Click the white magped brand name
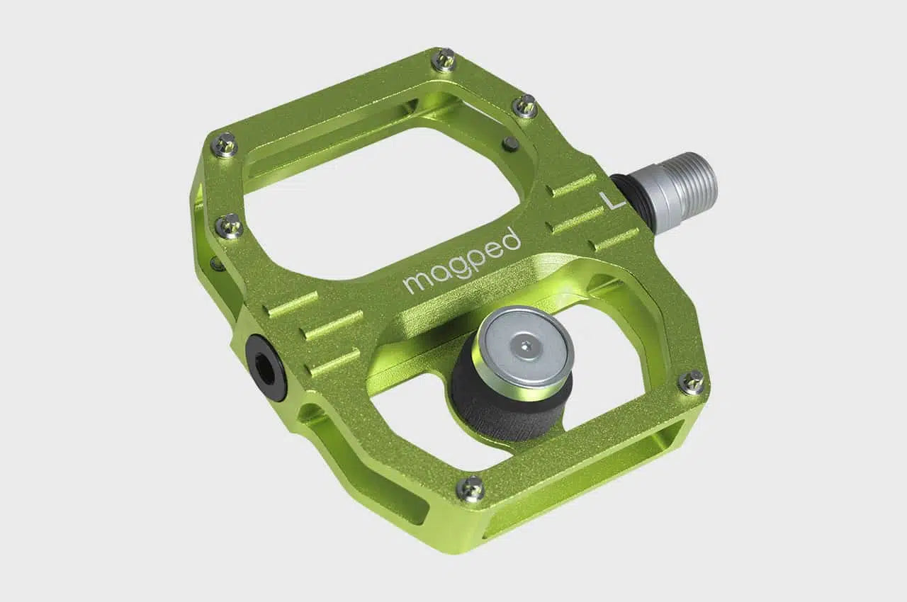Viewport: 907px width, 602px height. click(x=462, y=261)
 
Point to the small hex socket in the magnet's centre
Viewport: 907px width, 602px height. click(x=524, y=345)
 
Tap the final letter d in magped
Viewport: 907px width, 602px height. click(x=512, y=239)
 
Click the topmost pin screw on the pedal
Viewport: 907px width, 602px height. click(x=444, y=59)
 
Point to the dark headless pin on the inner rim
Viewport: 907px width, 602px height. click(x=510, y=144)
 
